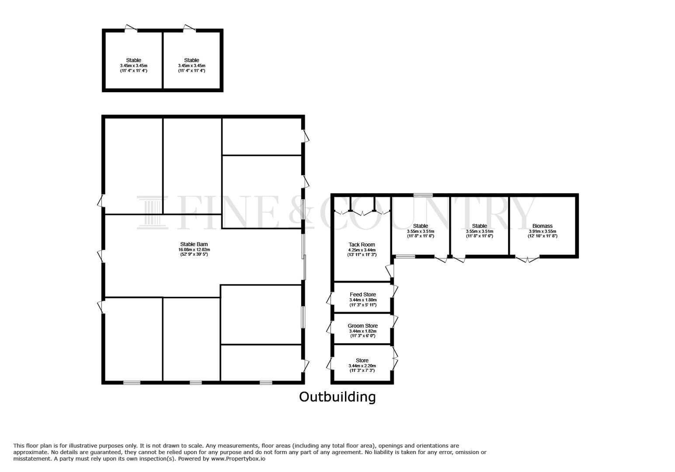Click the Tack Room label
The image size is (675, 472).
[x=362, y=245]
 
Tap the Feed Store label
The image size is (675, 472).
[x=362, y=295]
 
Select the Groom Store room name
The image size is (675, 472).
[x=362, y=326]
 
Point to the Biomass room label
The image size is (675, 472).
[x=543, y=226]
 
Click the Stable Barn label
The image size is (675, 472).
[x=194, y=244]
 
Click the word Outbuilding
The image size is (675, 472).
[x=337, y=397]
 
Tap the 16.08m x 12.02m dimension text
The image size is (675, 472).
[x=194, y=250]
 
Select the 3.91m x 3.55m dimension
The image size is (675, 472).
[x=543, y=231]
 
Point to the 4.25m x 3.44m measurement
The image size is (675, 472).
[x=362, y=250]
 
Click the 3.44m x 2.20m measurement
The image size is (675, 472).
[x=362, y=366]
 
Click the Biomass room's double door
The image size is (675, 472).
[x=527, y=260]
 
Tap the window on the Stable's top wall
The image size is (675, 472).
[x=423, y=195]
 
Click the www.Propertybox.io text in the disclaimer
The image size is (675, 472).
[x=238, y=459]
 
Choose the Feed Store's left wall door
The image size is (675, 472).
[x=329, y=298]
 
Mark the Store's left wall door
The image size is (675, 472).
[x=329, y=363]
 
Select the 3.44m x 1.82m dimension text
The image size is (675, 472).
[x=362, y=331]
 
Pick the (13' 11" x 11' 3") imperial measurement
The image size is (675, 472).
[x=362, y=254]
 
